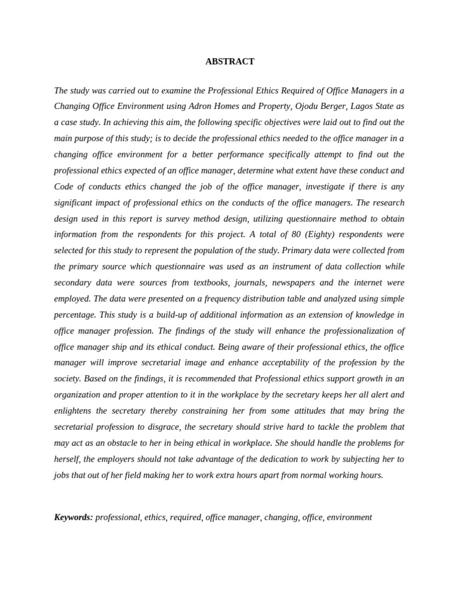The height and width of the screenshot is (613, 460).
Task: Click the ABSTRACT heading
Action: pos(230,62)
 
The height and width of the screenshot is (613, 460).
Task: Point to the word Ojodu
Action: pos(308,107)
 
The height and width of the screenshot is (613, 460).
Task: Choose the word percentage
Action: pos(75,314)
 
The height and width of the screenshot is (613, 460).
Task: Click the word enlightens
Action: pos(72,411)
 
